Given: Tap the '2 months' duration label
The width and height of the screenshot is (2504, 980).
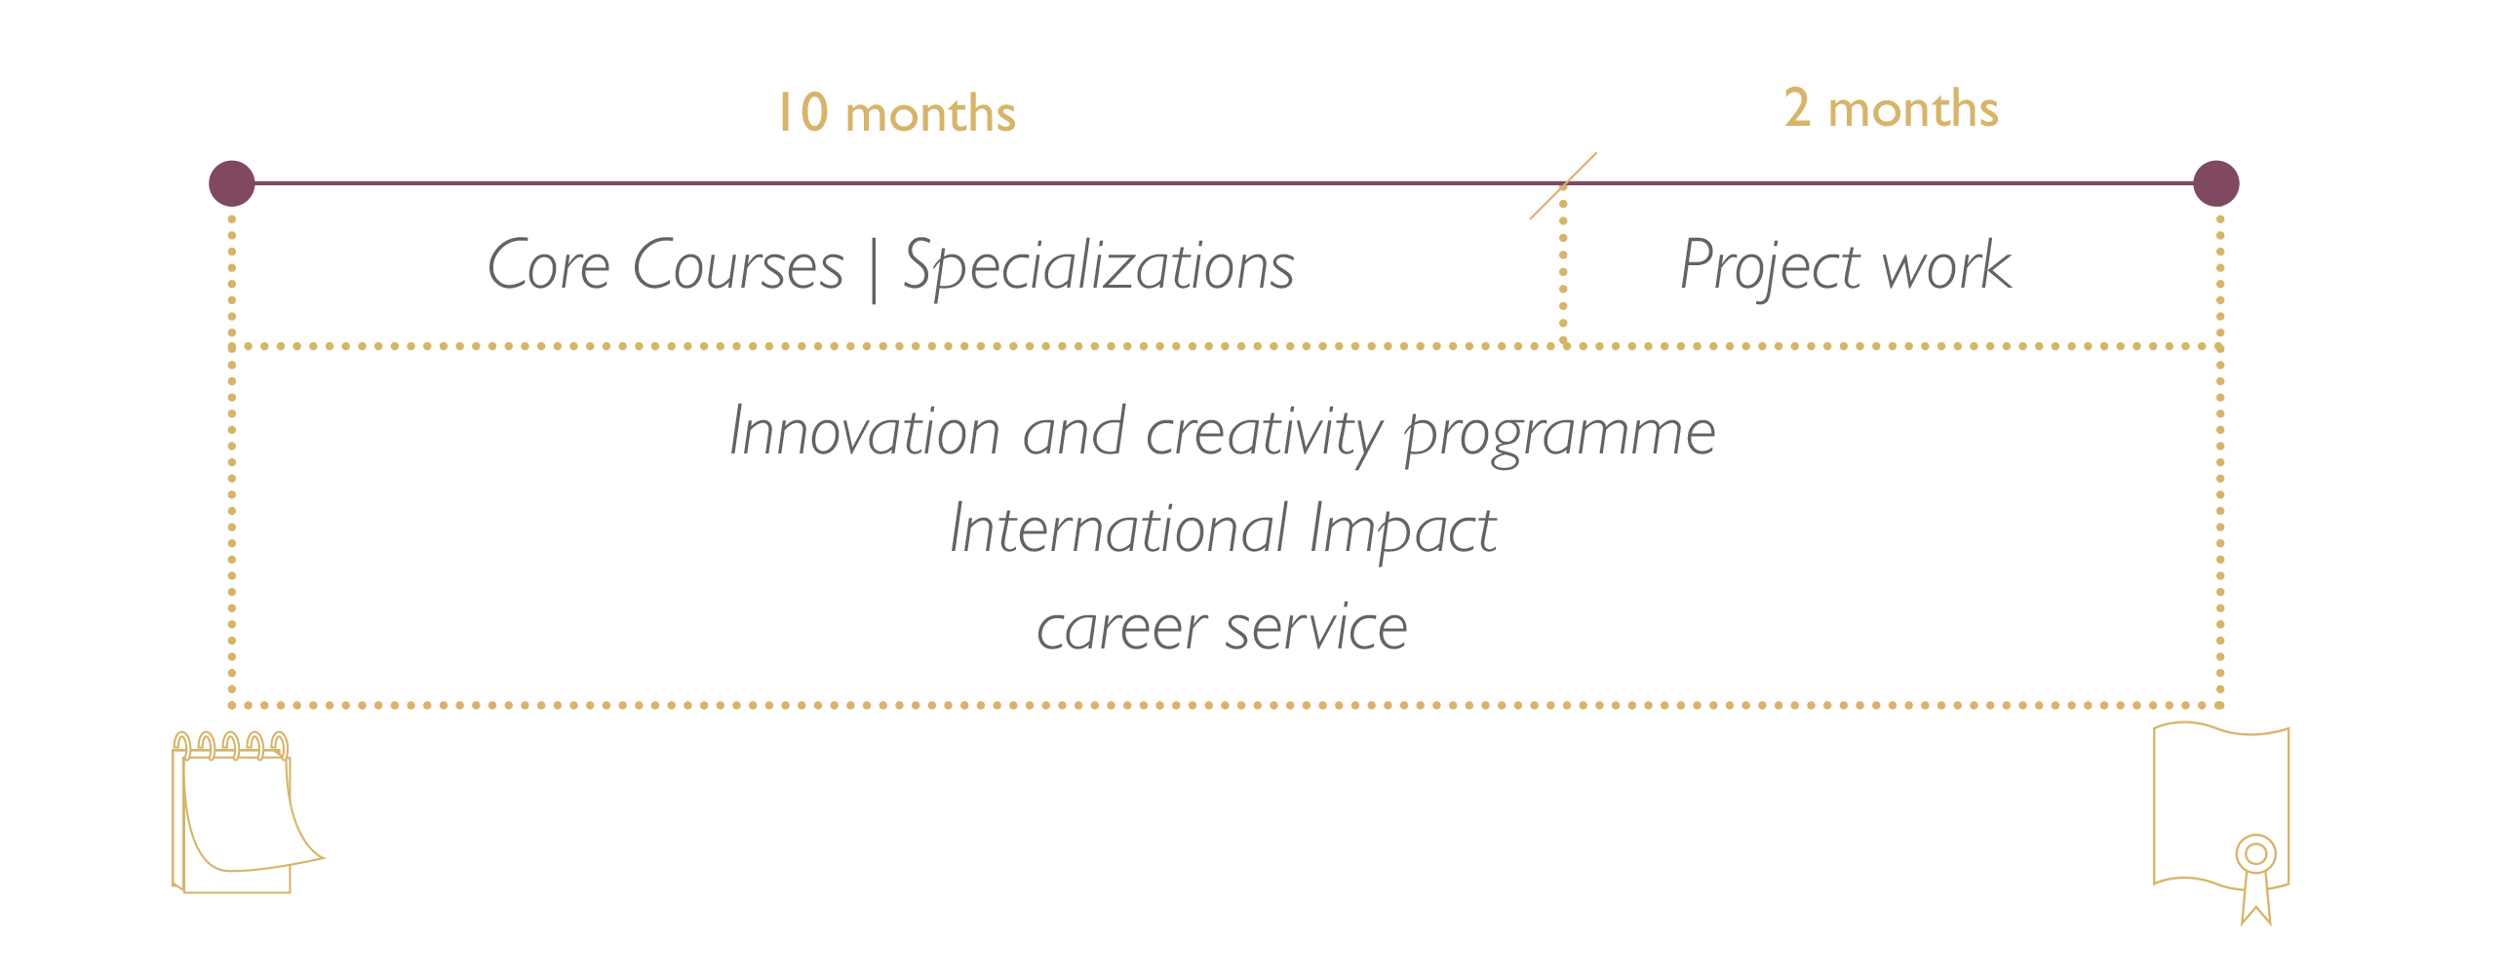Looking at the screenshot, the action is point(1892,107).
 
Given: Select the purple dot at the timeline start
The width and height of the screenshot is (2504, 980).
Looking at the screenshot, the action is point(232,183).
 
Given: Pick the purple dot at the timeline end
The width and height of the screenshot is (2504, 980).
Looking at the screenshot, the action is point(2216,183).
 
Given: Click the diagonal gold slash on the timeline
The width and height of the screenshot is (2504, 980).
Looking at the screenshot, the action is point(1563,185).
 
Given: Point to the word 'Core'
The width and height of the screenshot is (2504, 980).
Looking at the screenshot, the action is point(549,265).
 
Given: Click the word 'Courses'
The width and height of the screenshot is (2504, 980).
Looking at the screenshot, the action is point(738,265).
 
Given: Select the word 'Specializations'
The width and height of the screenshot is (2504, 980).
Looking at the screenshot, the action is point(1099,267).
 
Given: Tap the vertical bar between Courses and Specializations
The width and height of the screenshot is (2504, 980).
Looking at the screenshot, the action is point(874,270).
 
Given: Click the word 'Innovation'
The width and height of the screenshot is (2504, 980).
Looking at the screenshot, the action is point(865,432).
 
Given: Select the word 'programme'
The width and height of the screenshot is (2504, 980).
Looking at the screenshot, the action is point(1560,438).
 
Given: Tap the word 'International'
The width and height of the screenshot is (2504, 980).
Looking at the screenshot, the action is point(1119,529).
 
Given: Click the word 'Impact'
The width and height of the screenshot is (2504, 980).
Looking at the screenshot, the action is point(1403,532).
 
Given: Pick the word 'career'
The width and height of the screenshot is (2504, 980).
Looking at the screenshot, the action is point(1121,630).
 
